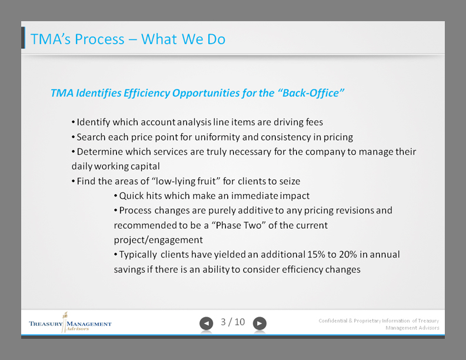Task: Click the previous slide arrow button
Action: pyautogui.click(x=206, y=323)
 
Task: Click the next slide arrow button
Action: pyautogui.click(x=259, y=323)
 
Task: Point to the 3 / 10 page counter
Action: pyautogui.click(x=232, y=322)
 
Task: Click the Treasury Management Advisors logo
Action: pyautogui.click(x=69, y=324)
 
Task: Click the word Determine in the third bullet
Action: pyautogui.click(x=98, y=152)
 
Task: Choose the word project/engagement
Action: pyautogui.click(x=158, y=240)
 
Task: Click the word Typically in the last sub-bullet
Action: pyautogui.click(x=138, y=255)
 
